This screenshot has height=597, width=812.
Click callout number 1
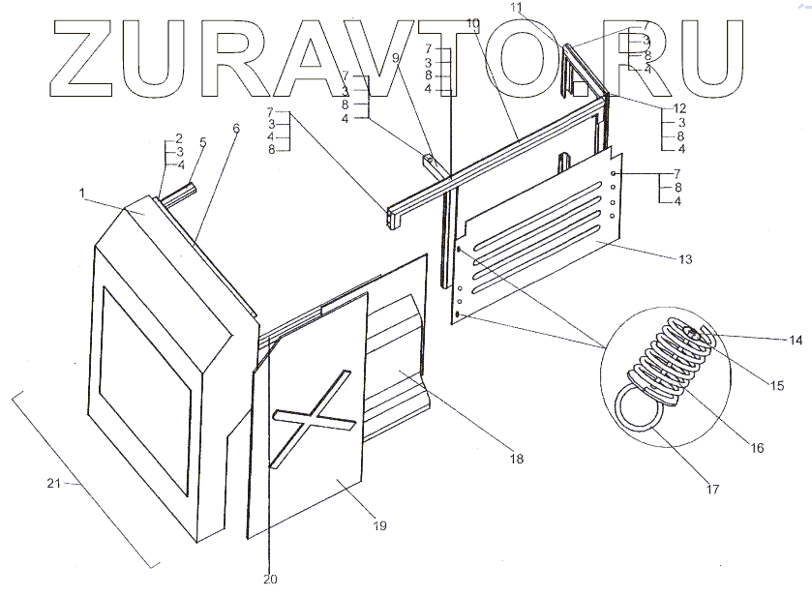pyautogui.click(x=86, y=195)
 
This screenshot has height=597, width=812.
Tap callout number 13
pyautogui.click(x=685, y=259)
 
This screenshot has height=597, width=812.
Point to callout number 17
pyautogui.click(x=712, y=489)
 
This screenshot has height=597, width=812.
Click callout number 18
pyautogui.click(x=516, y=458)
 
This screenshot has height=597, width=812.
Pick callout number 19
pyautogui.click(x=379, y=525)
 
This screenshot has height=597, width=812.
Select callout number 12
pyautogui.click(x=679, y=107)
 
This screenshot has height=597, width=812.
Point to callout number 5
pyautogui.click(x=202, y=142)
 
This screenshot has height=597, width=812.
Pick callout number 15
pyautogui.click(x=776, y=386)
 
